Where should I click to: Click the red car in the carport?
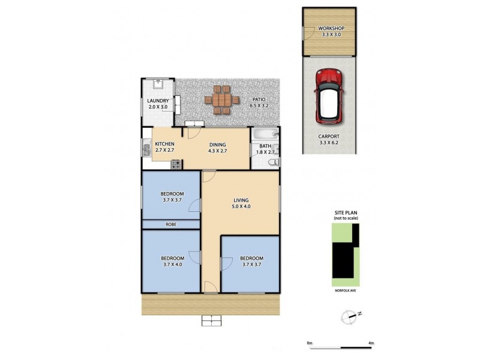329,96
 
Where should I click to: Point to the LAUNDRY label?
158,104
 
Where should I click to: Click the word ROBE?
170,224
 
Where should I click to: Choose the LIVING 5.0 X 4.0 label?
241,203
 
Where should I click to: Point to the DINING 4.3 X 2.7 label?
218,148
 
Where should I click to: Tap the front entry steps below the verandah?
211,321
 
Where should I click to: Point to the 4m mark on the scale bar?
371,343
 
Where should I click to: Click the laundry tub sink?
158,84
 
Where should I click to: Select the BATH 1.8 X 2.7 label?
265,149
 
